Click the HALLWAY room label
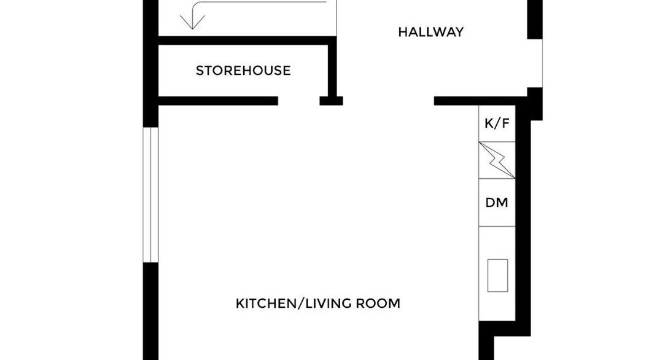(x=430, y=32)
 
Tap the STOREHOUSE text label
(x=243, y=71)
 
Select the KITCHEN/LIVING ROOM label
(x=317, y=303)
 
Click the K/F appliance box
(x=497, y=123)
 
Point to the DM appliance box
(x=497, y=203)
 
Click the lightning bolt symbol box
(x=497, y=160)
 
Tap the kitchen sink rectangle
(x=497, y=275)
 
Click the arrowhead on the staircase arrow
(x=193, y=22)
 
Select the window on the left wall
(x=150, y=195)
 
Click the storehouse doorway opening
(x=298, y=101)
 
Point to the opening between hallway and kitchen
(x=388, y=101)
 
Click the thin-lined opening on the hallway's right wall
(x=535, y=63)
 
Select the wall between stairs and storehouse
(x=247, y=41)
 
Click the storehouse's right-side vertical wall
(x=333, y=68)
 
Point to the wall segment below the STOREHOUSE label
(x=218, y=101)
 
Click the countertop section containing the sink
(x=497, y=273)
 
